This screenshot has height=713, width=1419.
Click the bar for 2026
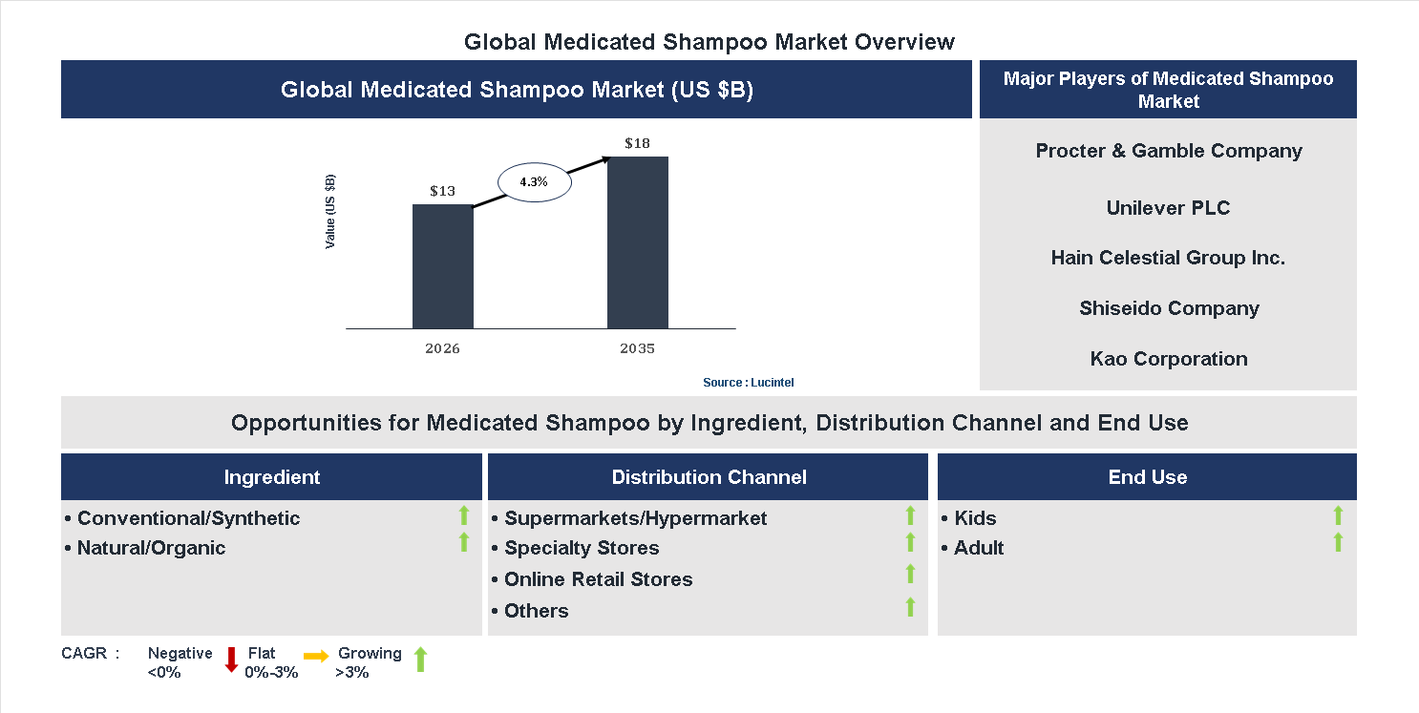[x=442, y=266]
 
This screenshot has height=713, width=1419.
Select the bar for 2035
[x=637, y=242]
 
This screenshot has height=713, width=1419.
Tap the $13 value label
[x=442, y=191]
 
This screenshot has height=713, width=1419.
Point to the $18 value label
[x=637, y=143]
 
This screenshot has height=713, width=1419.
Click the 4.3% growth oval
[x=534, y=181]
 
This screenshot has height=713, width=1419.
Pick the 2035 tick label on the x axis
[x=637, y=348]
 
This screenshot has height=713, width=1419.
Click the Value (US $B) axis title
[x=330, y=212]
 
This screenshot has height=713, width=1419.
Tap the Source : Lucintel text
[x=748, y=382]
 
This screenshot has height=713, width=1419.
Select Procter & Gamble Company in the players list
[x=1168, y=151]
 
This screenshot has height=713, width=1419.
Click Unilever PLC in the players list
[x=1168, y=208]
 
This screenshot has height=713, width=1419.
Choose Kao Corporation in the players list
[x=1168, y=359]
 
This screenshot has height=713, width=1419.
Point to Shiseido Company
[x=1168, y=308]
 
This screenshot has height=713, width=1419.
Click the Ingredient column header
[x=272, y=477]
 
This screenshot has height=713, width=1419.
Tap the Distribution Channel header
[x=709, y=477]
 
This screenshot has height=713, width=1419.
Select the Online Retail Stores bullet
[x=598, y=579]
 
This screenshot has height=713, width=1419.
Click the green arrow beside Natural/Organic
[x=464, y=542]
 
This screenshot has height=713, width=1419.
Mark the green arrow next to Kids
[x=1338, y=515]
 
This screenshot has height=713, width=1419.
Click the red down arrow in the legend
[x=231, y=660]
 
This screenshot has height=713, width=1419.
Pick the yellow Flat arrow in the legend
[x=316, y=656]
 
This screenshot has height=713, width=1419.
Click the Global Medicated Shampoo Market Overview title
[x=709, y=42]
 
